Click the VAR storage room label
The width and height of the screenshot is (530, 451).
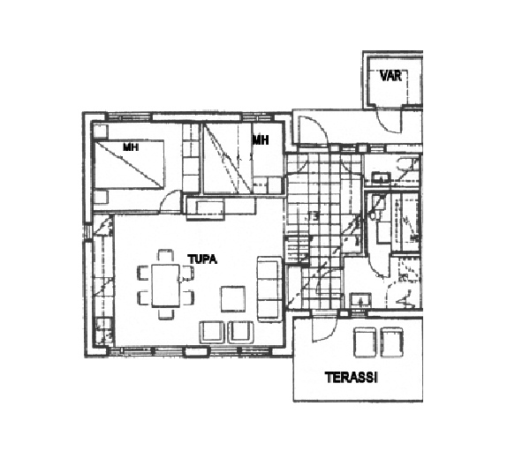click(x=390, y=75)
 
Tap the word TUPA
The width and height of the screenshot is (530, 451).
click(x=202, y=259)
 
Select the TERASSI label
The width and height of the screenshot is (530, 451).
click(x=352, y=377)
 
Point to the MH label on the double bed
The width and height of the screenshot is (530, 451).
click(x=131, y=147)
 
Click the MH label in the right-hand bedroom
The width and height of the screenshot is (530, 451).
click(x=261, y=139)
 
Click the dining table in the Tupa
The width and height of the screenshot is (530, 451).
click(x=166, y=285)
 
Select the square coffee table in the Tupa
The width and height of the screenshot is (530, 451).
click(x=233, y=299)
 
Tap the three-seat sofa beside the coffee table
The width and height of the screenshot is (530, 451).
click(x=269, y=289)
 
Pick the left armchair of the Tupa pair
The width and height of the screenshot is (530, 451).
click(x=212, y=332)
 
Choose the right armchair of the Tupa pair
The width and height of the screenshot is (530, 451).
click(x=241, y=332)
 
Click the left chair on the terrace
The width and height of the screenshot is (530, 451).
click(x=365, y=342)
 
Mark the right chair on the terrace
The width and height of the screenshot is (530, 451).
click(x=391, y=342)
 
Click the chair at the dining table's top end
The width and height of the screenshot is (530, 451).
click(x=166, y=255)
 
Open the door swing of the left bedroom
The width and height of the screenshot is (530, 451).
click(x=171, y=201)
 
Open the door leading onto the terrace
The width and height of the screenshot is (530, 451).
click(x=324, y=330)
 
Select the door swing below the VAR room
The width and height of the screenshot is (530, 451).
click(x=389, y=120)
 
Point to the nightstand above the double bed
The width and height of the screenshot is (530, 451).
click(x=101, y=132)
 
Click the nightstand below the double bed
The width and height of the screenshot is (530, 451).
click(x=101, y=197)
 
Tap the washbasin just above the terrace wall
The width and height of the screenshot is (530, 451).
click(x=361, y=300)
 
